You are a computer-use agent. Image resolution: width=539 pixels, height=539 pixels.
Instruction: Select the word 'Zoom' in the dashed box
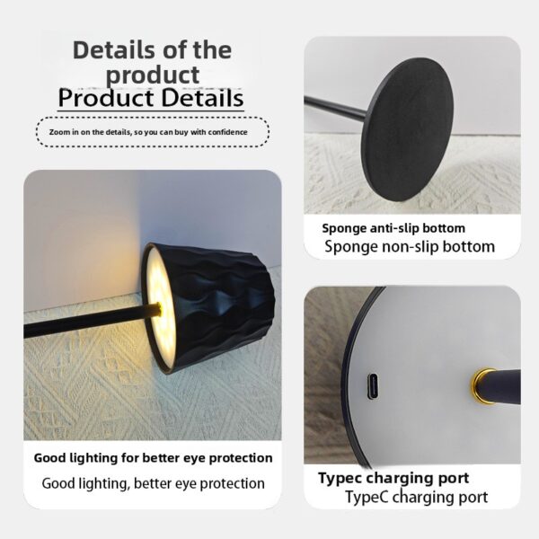tap(59, 132)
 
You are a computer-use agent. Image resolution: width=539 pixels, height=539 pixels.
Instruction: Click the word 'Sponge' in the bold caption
tap(347, 228)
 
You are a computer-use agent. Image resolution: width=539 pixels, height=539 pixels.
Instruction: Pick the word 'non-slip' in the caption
tap(396, 246)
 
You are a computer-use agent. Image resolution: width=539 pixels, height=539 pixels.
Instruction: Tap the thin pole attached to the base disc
tap(337, 108)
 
